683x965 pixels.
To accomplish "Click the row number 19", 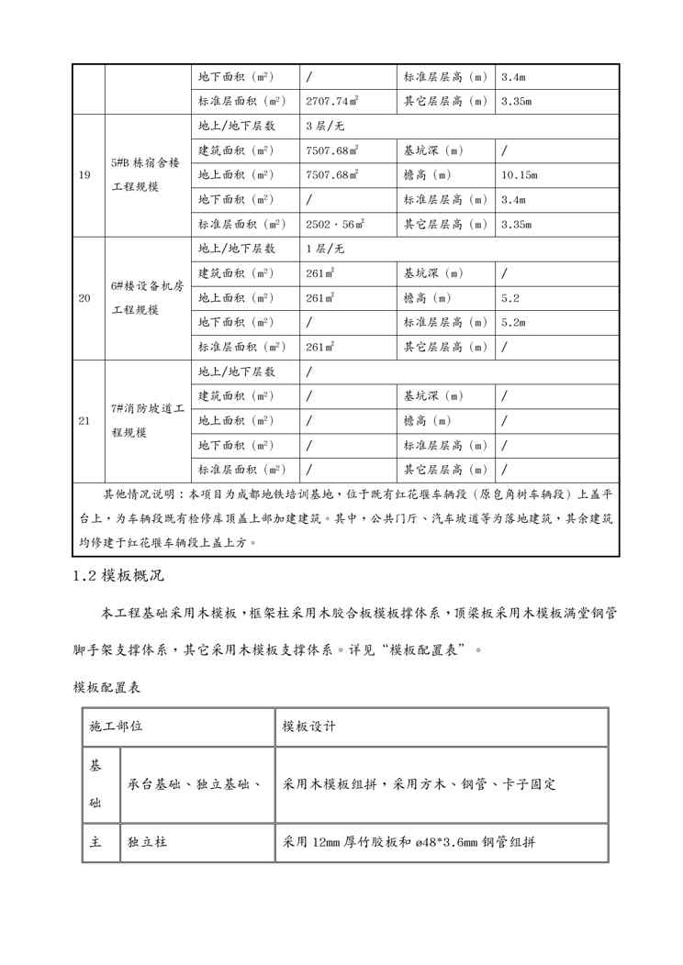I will point(84,174).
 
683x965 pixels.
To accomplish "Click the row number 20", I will point(84,298).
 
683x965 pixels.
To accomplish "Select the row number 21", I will point(84,421).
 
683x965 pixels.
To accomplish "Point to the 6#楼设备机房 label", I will point(147,285).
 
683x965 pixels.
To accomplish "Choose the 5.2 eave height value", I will point(510,298).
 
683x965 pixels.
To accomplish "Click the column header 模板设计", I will point(309,727).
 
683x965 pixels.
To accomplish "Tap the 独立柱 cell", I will point(145,841).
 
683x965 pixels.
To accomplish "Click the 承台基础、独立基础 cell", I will point(194,784).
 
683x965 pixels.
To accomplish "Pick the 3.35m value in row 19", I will point(517,224).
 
